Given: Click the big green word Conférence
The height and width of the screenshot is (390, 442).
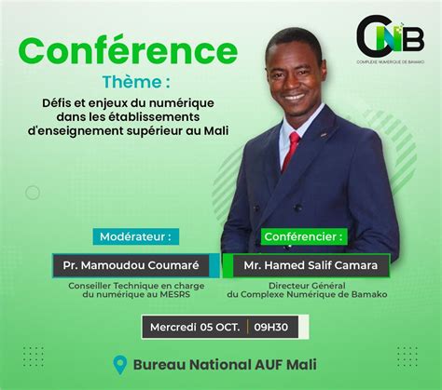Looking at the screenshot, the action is point(128,51).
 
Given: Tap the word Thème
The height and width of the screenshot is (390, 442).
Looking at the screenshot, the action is point(132,82).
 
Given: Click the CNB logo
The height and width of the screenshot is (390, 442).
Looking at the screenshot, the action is point(391,36).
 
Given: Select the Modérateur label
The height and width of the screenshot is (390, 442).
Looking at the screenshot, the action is point(136,236).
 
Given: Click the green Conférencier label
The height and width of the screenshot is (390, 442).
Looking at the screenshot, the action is point(304,236).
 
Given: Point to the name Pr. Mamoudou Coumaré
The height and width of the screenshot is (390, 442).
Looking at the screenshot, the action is point(131,265).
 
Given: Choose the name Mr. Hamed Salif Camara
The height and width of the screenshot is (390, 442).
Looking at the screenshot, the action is point(311,265).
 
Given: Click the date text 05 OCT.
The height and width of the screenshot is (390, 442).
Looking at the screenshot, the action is point(220,327).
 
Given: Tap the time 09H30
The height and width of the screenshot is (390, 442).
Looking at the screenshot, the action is point(270,327).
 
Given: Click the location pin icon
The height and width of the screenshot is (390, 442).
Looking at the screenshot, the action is point(120,365).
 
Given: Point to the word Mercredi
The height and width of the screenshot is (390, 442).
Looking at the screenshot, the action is point(173,327).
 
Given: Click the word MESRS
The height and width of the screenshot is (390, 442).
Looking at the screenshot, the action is point(175,294).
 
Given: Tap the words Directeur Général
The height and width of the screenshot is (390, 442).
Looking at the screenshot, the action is point(307,286).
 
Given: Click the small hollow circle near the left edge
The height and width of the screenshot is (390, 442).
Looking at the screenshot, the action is point(33,193).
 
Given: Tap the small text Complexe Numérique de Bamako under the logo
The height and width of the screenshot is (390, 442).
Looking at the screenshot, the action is point(391,62).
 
